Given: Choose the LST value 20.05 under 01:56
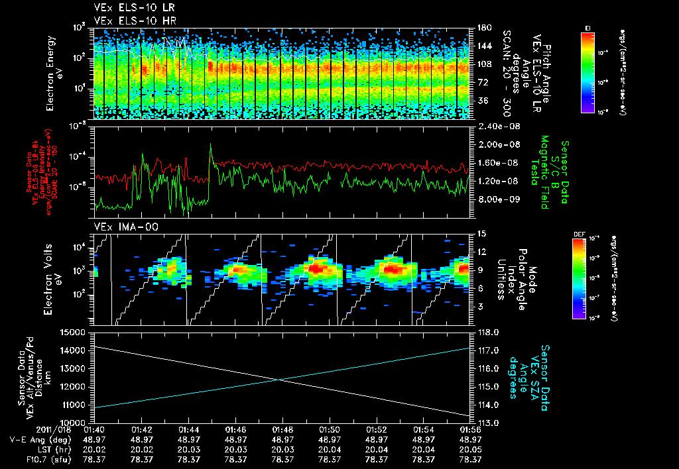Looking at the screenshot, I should (x=470, y=448).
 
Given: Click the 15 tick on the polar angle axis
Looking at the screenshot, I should (x=481, y=233).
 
